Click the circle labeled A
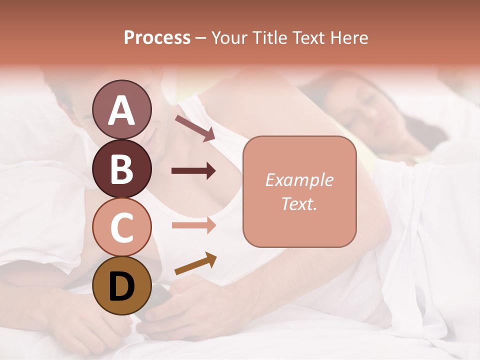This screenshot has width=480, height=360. [x=122, y=109]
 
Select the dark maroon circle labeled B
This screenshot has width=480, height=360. [x=122, y=168]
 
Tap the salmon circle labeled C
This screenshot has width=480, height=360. [x=122, y=227]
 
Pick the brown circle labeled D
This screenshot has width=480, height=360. [x=122, y=286]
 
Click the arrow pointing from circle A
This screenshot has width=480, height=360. [x=195, y=128]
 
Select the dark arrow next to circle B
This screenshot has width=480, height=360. [x=193, y=171]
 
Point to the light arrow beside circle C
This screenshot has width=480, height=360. [x=193, y=225]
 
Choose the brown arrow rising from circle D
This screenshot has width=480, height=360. [x=195, y=264]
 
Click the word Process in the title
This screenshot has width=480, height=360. [x=157, y=38]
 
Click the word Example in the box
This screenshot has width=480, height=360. [x=299, y=180]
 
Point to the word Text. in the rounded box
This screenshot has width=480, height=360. [x=299, y=203]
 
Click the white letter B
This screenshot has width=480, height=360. [x=122, y=168]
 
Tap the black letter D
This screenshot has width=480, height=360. [x=122, y=286]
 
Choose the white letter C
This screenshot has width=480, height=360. [x=122, y=227]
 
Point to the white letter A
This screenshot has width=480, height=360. [x=122, y=110]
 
